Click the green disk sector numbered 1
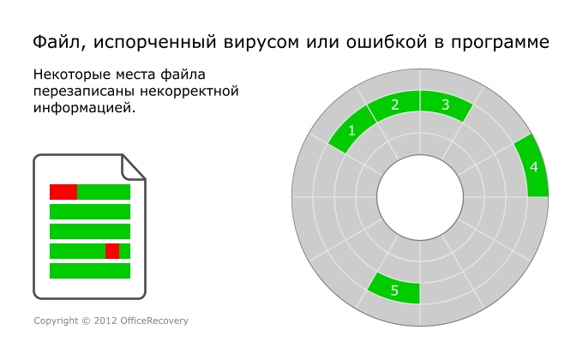click(x=352, y=131)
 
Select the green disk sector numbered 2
click(x=394, y=105)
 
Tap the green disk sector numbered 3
click(x=445, y=105)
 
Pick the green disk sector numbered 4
click(x=533, y=167)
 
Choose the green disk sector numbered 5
click(x=394, y=290)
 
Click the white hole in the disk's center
click(x=420, y=197)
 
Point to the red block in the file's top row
click(x=63, y=192)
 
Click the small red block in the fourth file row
click(x=111, y=251)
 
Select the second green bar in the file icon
click(x=90, y=212)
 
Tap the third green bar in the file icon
click(x=90, y=231)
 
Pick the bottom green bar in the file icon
click(x=90, y=271)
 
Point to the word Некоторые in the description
click(x=72, y=75)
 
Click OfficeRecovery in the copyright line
click(x=153, y=321)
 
